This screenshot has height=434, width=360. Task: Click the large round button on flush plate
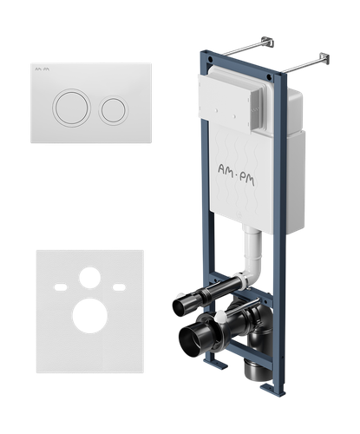click(x=71, y=108)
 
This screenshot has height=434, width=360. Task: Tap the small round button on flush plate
click(x=114, y=110)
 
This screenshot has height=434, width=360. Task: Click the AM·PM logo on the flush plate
click(x=42, y=69)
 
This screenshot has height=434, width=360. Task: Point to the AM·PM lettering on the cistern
click(x=236, y=174)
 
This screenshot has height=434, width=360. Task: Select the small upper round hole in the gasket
click(x=90, y=278)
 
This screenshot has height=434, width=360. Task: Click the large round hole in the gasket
click(x=90, y=316)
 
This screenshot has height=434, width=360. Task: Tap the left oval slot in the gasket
click(x=61, y=287)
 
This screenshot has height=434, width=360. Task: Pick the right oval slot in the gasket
click(x=119, y=287)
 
